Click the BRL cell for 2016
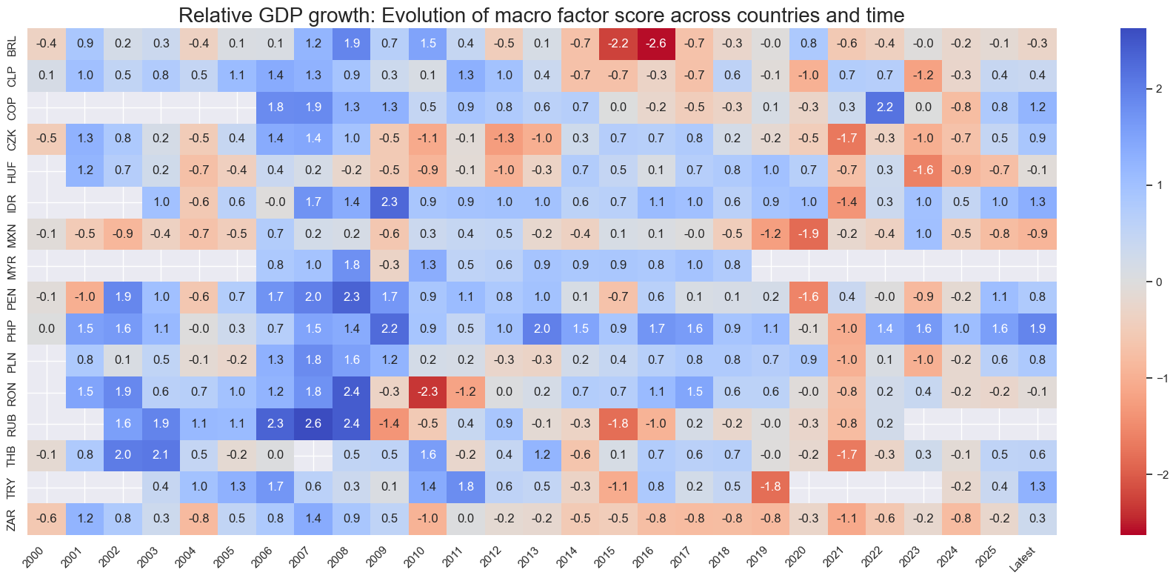(656, 44)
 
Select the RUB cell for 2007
(313, 423)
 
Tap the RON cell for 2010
(428, 391)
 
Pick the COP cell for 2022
(885, 107)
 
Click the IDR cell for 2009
(390, 202)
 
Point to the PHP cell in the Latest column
(1038, 328)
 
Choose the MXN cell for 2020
(809, 233)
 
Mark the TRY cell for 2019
(771, 486)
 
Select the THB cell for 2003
(161, 454)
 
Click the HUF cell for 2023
(923, 170)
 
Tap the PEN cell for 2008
(352, 296)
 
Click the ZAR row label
(11, 519)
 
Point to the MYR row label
(11, 265)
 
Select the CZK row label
(11, 139)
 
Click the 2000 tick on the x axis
(34, 558)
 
